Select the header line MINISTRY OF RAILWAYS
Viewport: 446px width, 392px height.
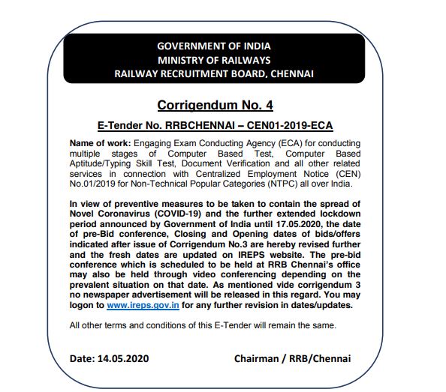click(215, 60)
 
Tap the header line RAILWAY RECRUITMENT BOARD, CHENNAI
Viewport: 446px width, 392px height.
click(215, 73)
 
